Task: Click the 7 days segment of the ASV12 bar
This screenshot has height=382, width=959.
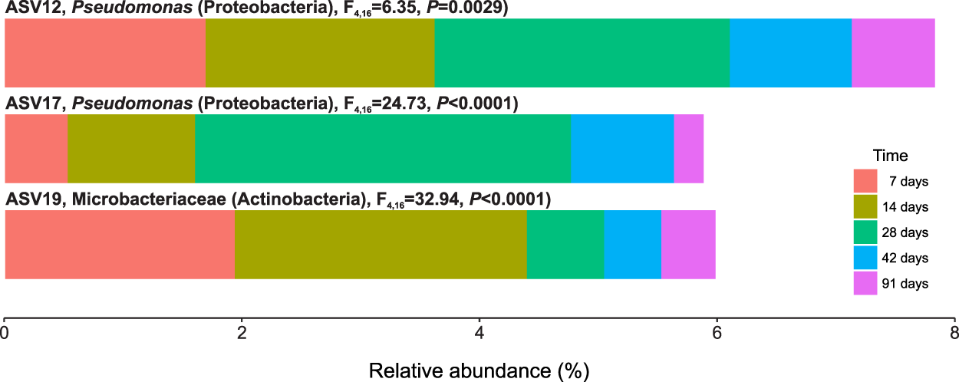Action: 105,53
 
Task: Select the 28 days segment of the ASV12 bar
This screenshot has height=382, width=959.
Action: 582,53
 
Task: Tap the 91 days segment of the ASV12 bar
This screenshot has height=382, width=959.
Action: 893,53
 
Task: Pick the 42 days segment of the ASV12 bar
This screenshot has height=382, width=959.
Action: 790,53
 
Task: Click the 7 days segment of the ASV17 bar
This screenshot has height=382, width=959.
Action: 36,149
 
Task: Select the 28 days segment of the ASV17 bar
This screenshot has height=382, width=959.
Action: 382,149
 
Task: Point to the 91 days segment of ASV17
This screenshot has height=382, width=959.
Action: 688,149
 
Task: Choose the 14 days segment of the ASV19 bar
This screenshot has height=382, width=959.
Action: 381,245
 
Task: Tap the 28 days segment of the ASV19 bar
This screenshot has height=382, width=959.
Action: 565,245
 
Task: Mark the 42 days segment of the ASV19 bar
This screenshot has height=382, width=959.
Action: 632,245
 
